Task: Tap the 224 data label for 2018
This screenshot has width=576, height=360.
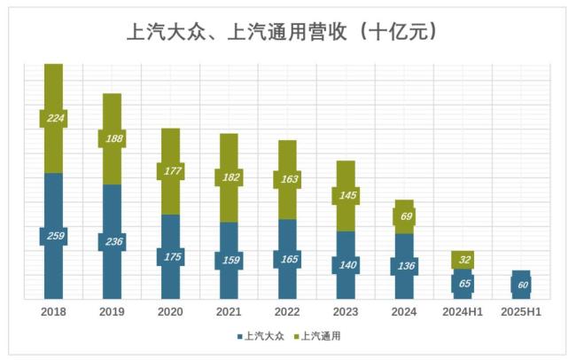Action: point(54,118)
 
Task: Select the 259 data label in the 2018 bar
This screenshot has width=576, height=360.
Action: point(54,237)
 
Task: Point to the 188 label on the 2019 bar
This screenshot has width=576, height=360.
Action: point(112,139)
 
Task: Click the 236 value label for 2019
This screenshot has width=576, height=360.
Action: point(112,241)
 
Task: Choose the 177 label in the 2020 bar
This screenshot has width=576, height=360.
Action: point(170,172)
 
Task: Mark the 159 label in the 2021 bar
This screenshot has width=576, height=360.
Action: point(229,261)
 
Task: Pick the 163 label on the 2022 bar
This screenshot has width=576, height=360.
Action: point(287,179)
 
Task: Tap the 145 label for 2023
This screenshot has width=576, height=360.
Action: point(346,195)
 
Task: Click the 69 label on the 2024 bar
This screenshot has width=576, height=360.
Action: point(404,216)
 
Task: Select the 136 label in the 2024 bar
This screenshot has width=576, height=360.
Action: point(404,265)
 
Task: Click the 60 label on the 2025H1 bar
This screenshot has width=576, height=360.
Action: point(521,285)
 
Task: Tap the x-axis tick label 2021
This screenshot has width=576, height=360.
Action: point(229,312)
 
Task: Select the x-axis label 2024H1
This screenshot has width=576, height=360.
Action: point(463,312)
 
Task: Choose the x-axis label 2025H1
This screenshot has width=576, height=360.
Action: point(521,312)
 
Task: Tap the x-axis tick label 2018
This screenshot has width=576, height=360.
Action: point(54,312)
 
